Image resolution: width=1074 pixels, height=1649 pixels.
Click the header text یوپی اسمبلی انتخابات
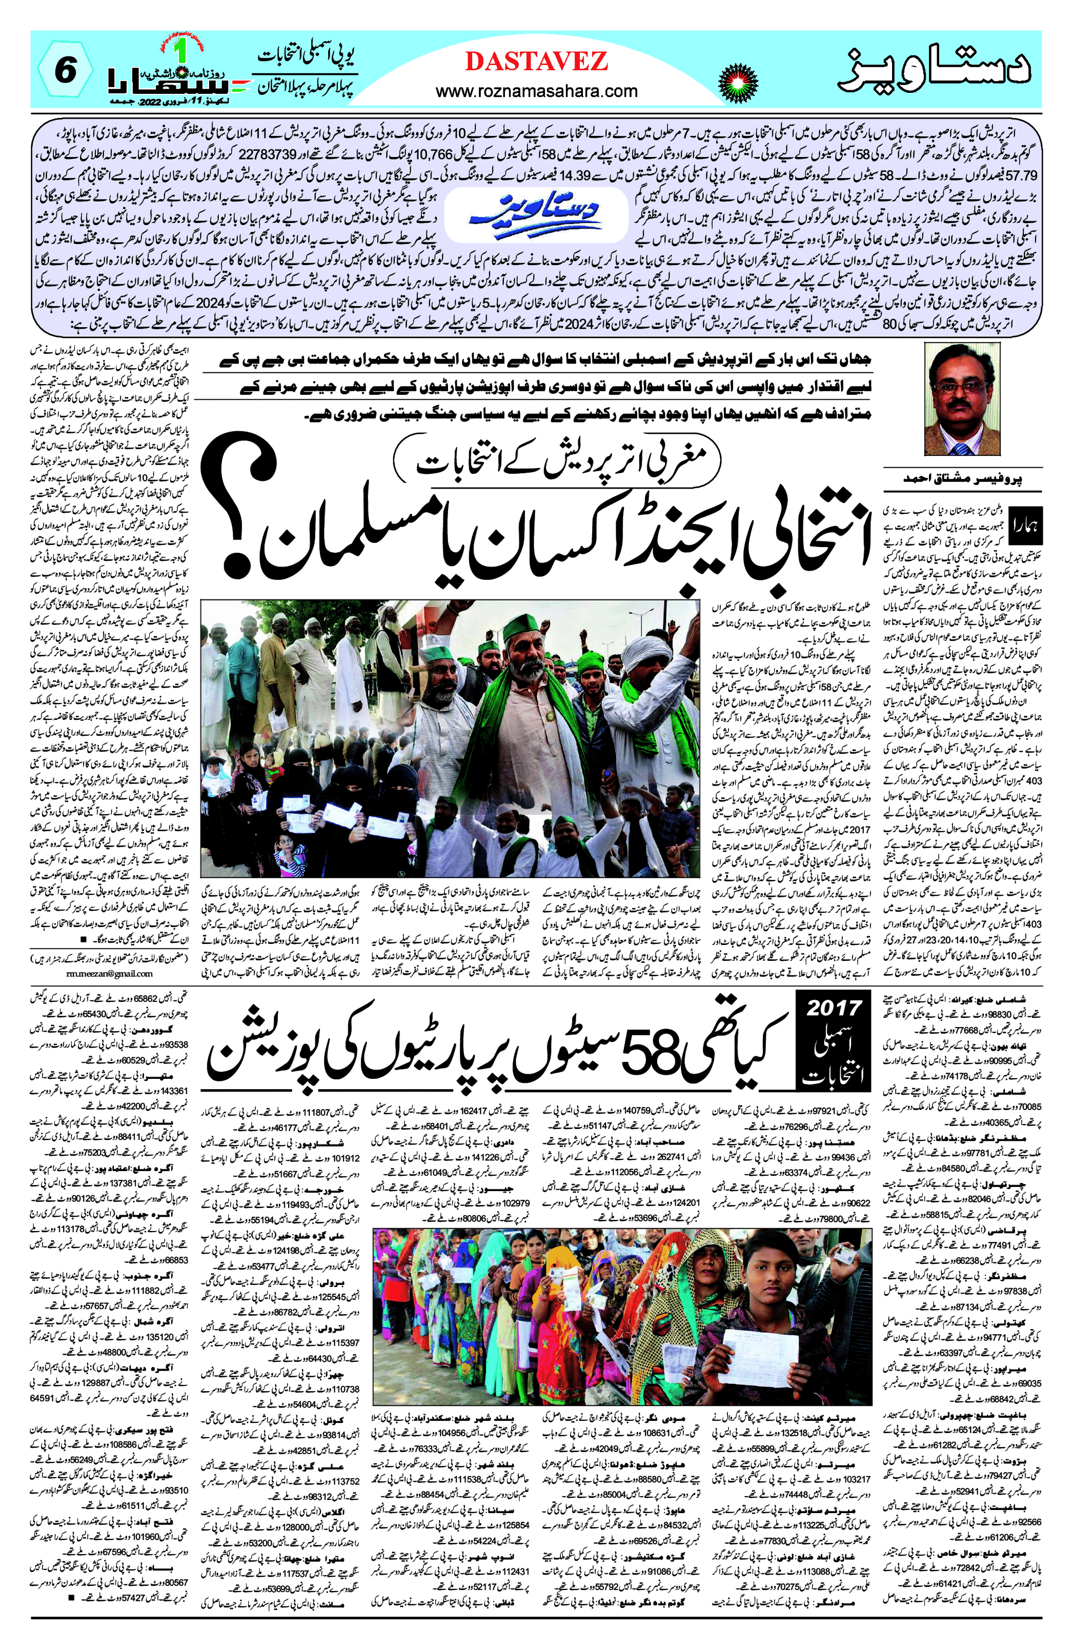coord(305,55)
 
